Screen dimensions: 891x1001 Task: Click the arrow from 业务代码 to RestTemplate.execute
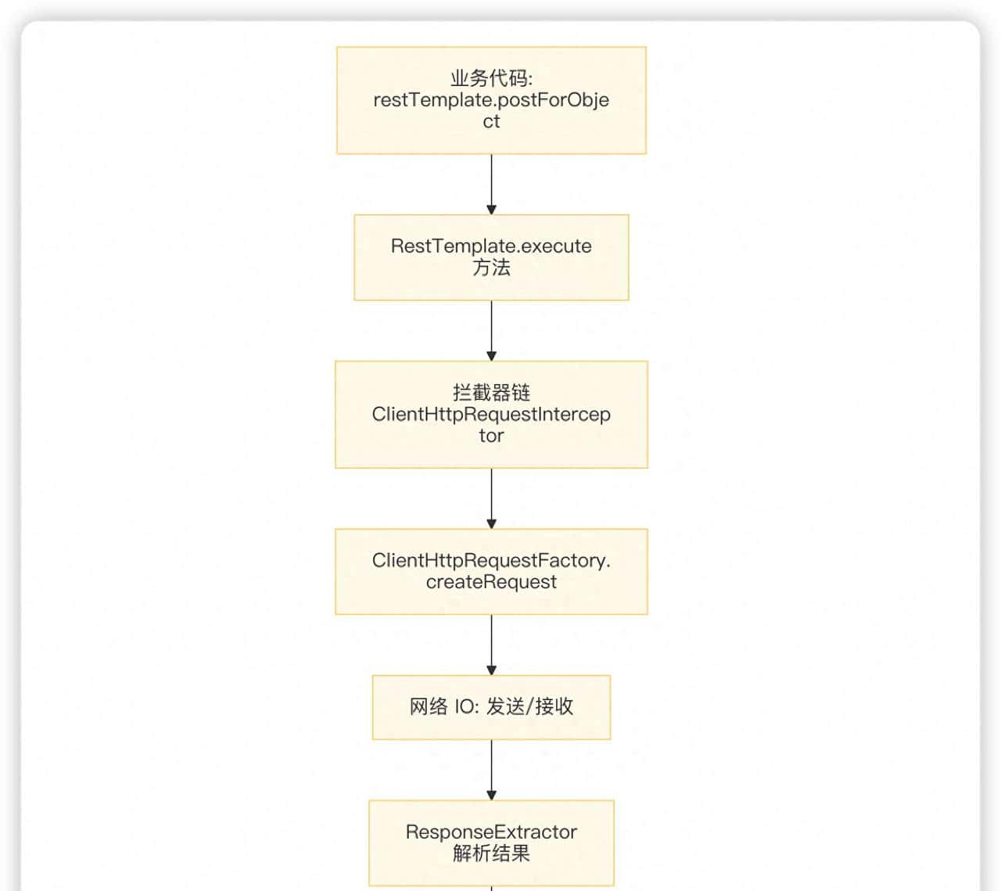(x=491, y=184)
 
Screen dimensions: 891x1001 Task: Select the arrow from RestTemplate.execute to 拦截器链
(x=491, y=330)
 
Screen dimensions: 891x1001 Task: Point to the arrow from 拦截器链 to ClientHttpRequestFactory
(x=491, y=498)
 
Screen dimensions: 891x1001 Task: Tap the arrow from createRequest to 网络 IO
(x=491, y=645)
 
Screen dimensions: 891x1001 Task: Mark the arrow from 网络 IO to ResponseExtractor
(x=491, y=770)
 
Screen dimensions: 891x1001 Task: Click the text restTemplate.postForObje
(x=491, y=100)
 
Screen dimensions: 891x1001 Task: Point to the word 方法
(x=491, y=268)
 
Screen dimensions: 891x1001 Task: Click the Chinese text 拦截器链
(x=491, y=392)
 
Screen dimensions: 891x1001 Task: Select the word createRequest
(x=491, y=582)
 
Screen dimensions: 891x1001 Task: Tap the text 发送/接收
(x=529, y=706)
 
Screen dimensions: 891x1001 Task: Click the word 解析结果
(x=491, y=853)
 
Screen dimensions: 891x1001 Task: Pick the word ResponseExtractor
(x=491, y=832)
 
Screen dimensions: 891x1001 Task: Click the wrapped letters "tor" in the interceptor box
(x=491, y=436)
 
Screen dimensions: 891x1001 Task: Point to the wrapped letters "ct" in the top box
(x=491, y=121)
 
